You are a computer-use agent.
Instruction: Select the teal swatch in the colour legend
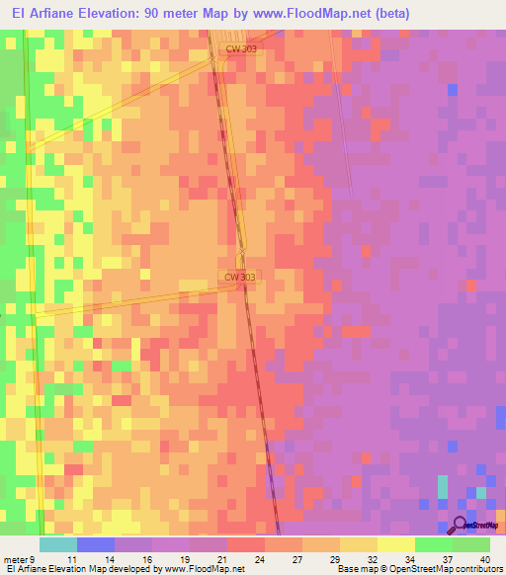tap(58, 545)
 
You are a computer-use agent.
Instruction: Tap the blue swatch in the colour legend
tap(96, 545)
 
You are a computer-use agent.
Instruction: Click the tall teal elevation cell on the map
tap(443, 486)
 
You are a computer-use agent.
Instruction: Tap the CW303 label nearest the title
tap(241, 47)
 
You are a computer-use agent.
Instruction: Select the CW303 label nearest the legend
tap(239, 278)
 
